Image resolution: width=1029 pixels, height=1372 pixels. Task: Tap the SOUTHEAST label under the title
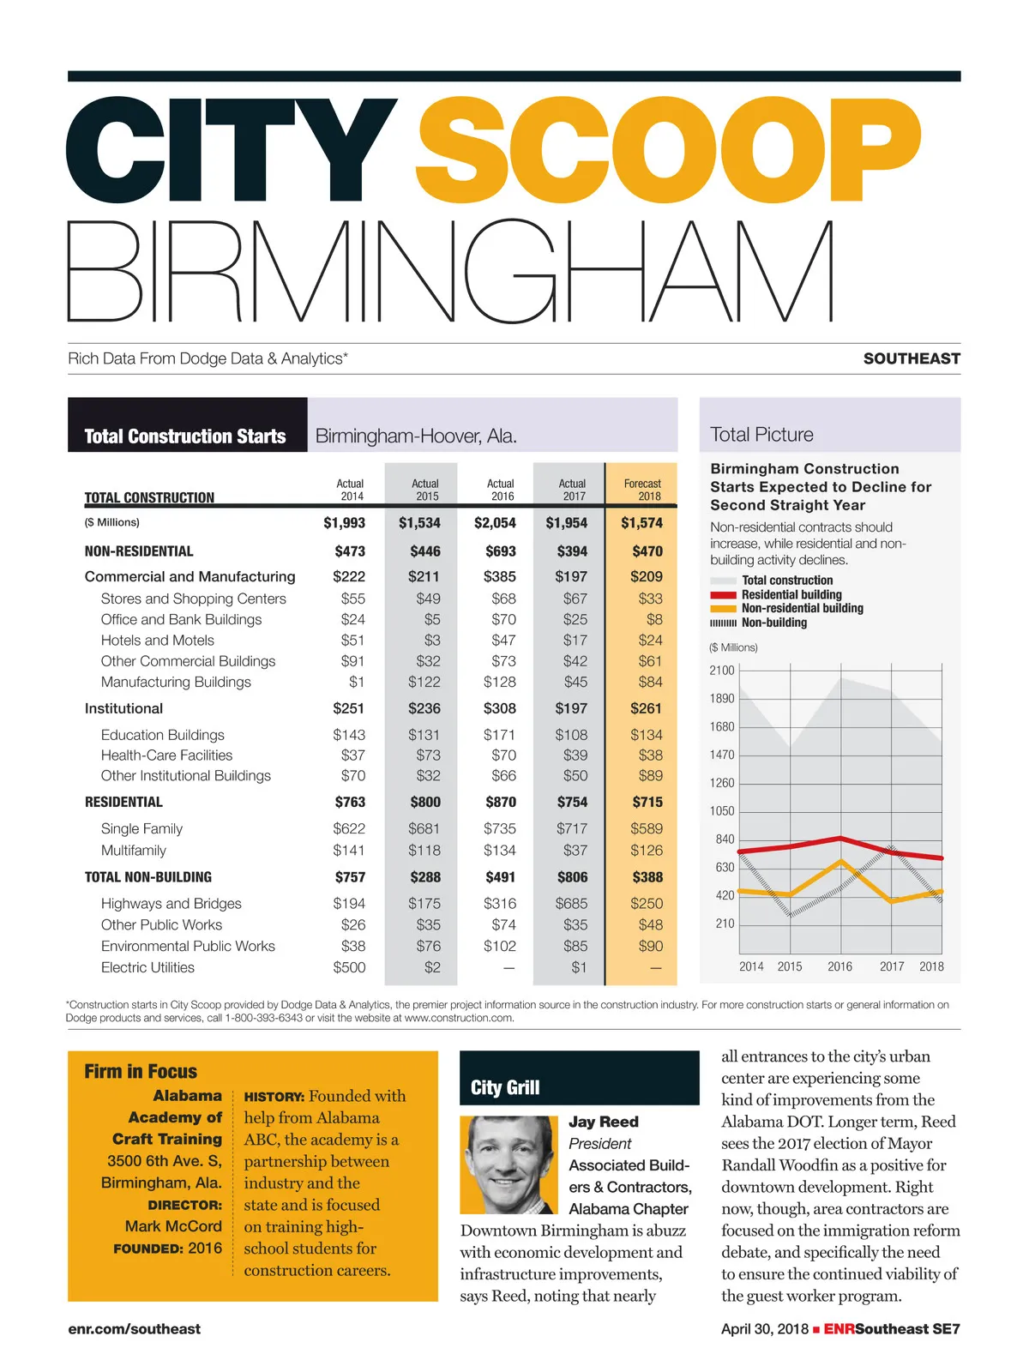pyautogui.click(x=912, y=358)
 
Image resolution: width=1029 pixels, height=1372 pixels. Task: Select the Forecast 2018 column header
pyautogui.click(x=642, y=490)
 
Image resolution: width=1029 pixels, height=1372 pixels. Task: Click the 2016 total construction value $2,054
pyautogui.click(x=495, y=523)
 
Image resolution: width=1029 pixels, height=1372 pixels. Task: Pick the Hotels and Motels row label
pyautogui.click(x=157, y=641)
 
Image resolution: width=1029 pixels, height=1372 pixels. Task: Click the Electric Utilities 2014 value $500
pyautogui.click(x=349, y=967)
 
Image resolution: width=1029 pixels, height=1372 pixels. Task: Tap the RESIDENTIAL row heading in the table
pyautogui.click(x=123, y=803)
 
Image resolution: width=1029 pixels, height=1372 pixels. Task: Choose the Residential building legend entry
pyautogui.click(x=791, y=594)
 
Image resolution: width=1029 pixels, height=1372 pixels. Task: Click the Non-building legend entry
pyautogui.click(x=773, y=623)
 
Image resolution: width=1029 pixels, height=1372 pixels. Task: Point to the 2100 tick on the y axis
pyautogui.click(x=722, y=671)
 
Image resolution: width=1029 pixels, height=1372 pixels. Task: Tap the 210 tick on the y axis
pyautogui.click(x=725, y=924)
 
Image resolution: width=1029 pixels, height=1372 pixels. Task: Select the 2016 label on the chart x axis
pyautogui.click(x=839, y=966)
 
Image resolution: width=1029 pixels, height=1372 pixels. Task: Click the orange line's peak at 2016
pyautogui.click(x=841, y=860)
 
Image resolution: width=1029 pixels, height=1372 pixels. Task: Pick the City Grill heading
pyautogui.click(x=505, y=1087)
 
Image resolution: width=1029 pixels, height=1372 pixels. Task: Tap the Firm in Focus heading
pyautogui.click(x=141, y=1071)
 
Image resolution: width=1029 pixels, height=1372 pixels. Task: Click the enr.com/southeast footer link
pyautogui.click(x=134, y=1329)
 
